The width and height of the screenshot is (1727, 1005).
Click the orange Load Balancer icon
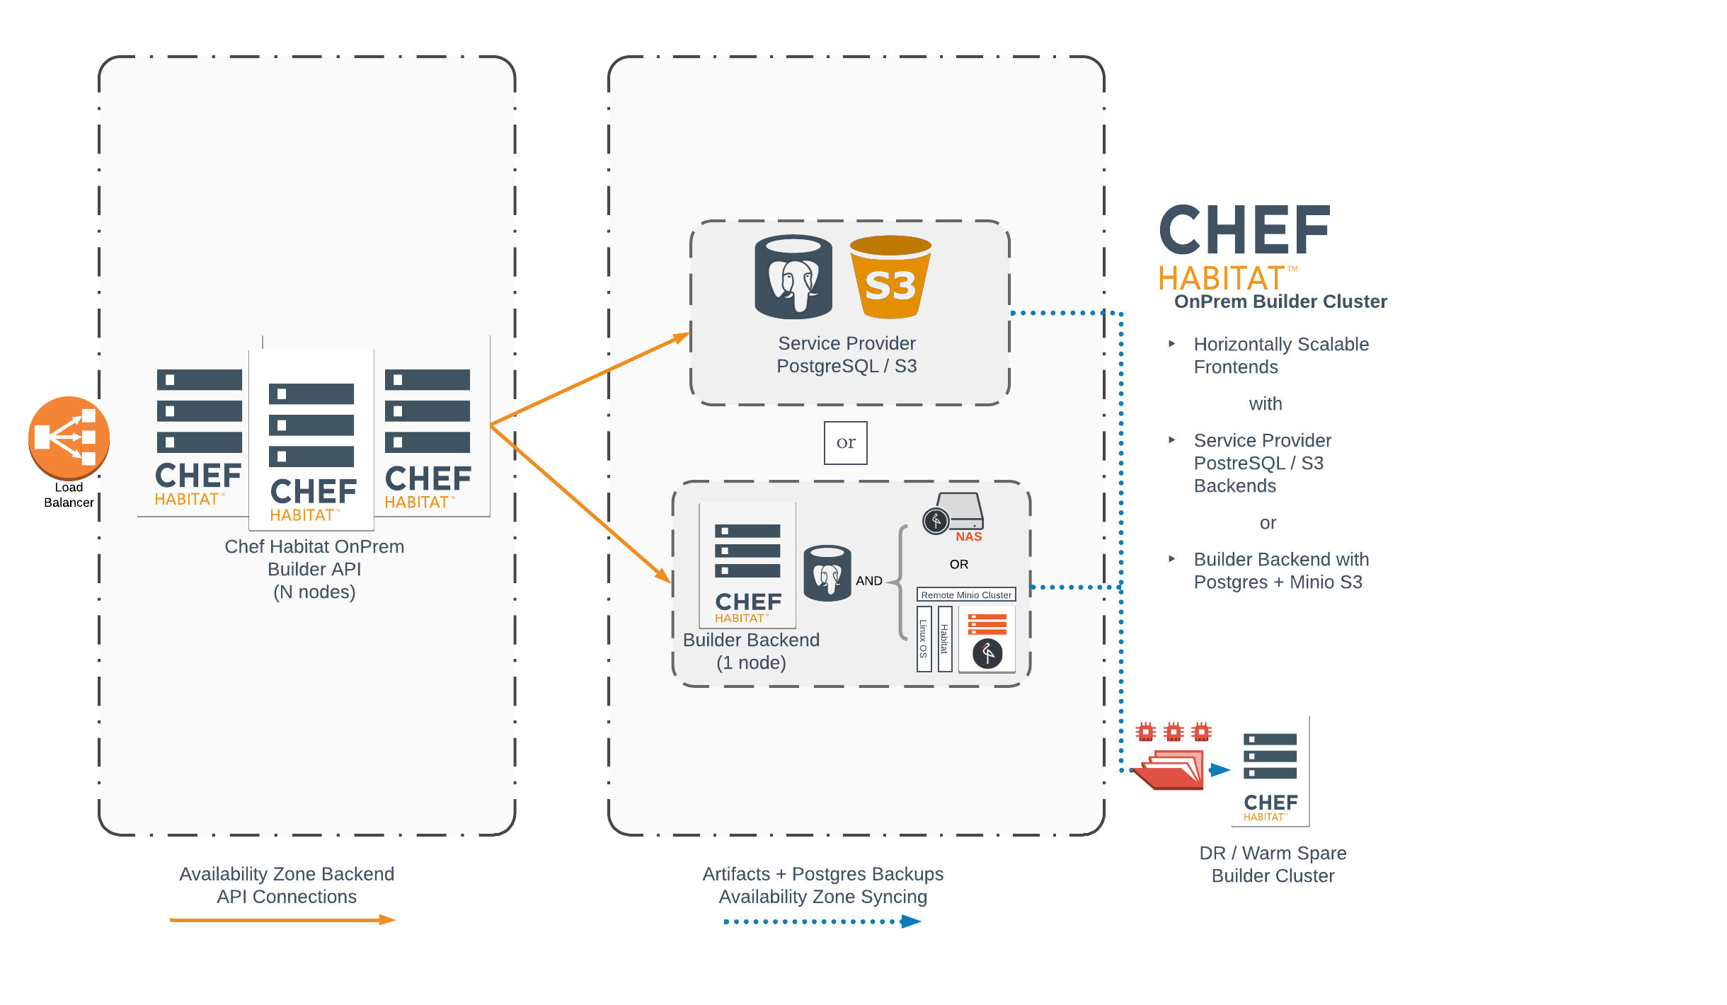pos(69,437)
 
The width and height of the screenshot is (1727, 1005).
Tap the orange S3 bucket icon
pos(890,278)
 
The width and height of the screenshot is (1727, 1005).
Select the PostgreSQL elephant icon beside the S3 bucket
pos(793,277)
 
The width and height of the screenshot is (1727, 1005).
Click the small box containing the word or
pos(845,443)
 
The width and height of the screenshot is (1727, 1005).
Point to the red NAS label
pos(968,537)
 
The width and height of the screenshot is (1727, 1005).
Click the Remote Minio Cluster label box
pos(966,595)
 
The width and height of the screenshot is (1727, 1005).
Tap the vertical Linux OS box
pos(924,638)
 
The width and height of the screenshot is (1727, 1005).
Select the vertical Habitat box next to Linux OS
pos(944,638)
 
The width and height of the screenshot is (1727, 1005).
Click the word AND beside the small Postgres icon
pos(868,581)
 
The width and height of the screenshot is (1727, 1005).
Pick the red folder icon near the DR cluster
pos(1169,769)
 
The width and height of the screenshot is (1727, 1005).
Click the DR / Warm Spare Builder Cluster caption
pos(1273,864)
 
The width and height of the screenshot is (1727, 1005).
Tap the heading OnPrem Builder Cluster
pos(1280,302)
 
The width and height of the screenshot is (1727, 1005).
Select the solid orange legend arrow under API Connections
pos(283,920)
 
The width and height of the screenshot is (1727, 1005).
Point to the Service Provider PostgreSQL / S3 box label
pos(847,355)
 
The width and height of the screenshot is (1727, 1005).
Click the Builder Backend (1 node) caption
pos(751,651)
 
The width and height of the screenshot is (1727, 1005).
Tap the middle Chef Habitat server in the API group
pos(311,439)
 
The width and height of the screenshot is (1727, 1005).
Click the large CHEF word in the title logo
pos(1244,231)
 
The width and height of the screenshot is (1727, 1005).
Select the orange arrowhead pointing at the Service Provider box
pos(681,338)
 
